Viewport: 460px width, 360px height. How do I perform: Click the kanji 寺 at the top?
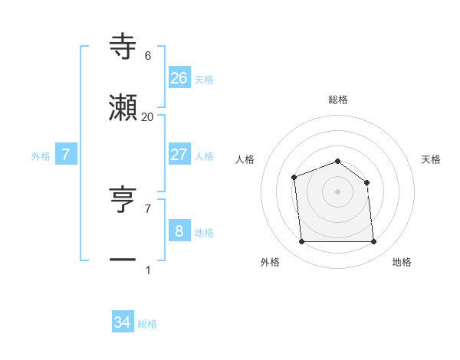pyautogui.click(x=123, y=45)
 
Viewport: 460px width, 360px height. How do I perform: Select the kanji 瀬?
pyautogui.click(x=123, y=108)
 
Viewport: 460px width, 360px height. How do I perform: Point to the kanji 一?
pyautogui.click(x=123, y=260)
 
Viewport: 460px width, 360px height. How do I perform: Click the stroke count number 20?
pyautogui.click(x=148, y=116)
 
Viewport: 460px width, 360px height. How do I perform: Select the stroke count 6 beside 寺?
pyautogui.click(x=148, y=55)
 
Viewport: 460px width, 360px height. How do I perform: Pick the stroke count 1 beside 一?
pyautogui.click(x=148, y=270)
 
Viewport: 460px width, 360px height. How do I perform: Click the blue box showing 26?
pyautogui.click(x=179, y=77)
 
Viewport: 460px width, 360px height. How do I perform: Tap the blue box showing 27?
pyautogui.click(x=179, y=154)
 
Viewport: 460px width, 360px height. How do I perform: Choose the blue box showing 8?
pyautogui.click(x=179, y=231)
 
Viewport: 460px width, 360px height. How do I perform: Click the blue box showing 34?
pyautogui.click(x=123, y=322)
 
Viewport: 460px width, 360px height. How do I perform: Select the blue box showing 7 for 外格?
pyautogui.click(x=66, y=154)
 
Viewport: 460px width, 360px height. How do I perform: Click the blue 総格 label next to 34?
pyautogui.click(x=147, y=324)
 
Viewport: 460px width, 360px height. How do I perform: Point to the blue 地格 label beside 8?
pyautogui.click(x=204, y=232)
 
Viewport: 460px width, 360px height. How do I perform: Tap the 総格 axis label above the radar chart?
pyautogui.click(x=337, y=100)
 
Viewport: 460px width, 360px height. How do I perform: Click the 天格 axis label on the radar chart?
pyautogui.click(x=432, y=159)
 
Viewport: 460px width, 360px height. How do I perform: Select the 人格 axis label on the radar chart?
pyautogui.click(x=245, y=159)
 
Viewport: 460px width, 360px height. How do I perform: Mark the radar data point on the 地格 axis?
pyautogui.click(x=373, y=242)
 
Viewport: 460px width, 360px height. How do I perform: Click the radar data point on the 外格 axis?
pyautogui.click(x=302, y=242)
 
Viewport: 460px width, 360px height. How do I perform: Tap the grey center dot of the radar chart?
pyautogui.click(x=337, y=191)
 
